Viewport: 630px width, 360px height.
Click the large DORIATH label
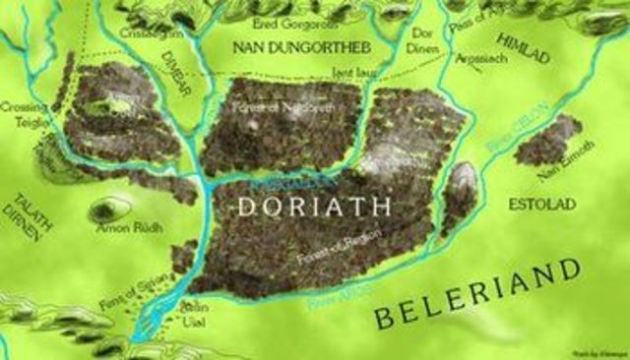pyautogui.click(x=315, y=205)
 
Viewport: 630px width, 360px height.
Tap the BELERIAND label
pyautogui.click(x=474, y=292)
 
